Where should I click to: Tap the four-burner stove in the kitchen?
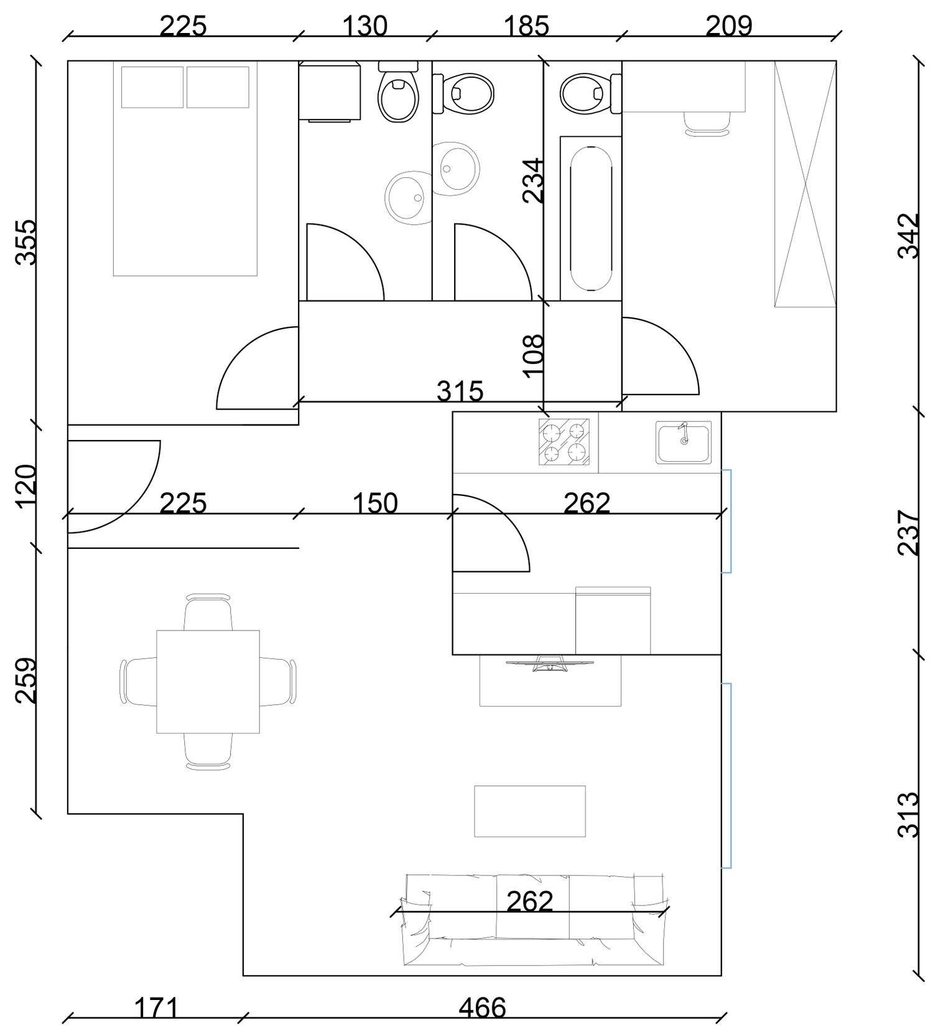pos(564,442)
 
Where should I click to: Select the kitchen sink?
pos(683,442)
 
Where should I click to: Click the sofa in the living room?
pos(535,919)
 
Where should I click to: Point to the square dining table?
pos(208,681)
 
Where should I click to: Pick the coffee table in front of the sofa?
pos(530,811)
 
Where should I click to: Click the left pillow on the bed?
pos(152,87)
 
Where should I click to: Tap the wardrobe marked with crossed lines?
pos(805,184)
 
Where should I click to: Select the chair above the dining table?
pos(208,612)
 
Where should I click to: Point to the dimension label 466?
pos(483,1007)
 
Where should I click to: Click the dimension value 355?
pos(26,242)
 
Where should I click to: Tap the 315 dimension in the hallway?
pos(460,391)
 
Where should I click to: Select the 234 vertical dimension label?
pos(533,180)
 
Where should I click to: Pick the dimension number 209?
pos(729,26)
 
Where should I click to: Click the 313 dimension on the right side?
pos(908,814)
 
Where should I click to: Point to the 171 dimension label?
pos(156,1007)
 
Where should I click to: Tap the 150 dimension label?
pos(375,503)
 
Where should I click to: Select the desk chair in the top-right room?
pos(707,123)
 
